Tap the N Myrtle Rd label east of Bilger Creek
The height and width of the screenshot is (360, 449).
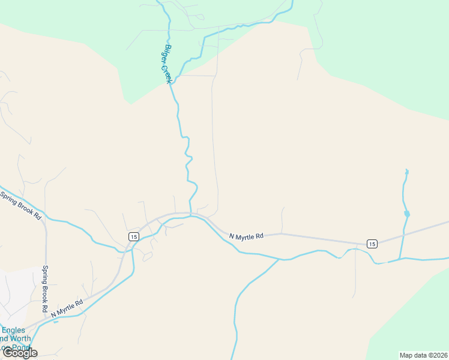(x=247, y=236)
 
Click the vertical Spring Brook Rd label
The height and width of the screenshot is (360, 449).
(x=44, y=289)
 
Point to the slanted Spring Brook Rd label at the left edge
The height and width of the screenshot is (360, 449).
(x=19, y=205)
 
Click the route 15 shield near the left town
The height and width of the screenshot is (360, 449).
(x=133, y=236)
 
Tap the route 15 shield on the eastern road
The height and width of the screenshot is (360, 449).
(x=372, y=243)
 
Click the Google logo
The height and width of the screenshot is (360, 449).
(x=20, y=353)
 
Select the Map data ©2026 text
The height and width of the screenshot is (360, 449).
(x=423, y=355)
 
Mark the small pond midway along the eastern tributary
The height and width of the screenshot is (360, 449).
(x=407, y=214)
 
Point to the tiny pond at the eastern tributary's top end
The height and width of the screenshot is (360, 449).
(x=406, y=172)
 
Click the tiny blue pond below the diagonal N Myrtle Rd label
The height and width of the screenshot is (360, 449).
(x=56, y=322)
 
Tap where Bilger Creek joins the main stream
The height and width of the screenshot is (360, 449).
(x=191, y=216)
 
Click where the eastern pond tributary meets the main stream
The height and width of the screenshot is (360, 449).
(x=400, y=260)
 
